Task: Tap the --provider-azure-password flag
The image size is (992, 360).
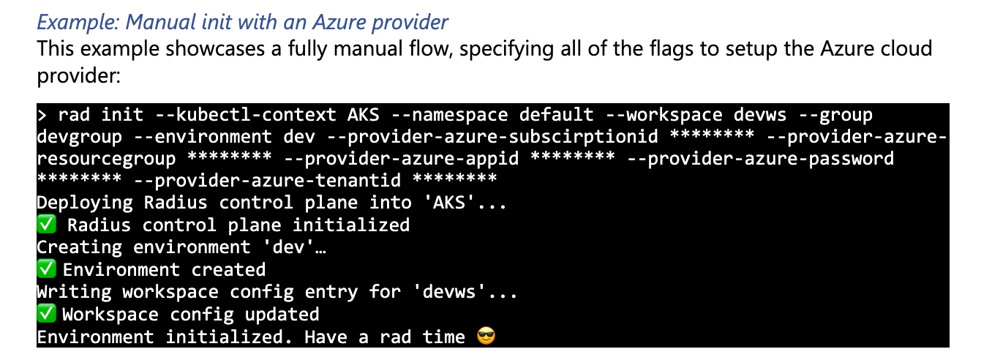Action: pyautogui.click(x=761, y=159)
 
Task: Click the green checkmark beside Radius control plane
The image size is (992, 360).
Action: pyautogui.click(x=46, y=225)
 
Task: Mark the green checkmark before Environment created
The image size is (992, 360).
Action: pyautogui.click(x=46, y=269)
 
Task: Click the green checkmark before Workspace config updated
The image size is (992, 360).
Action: pyautogui.click(x=46, y=314)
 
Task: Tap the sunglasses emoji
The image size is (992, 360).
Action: pyautogui.click(x=486, y=337)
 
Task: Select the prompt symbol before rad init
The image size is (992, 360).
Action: pyautogui.click(x=42, y=115)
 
